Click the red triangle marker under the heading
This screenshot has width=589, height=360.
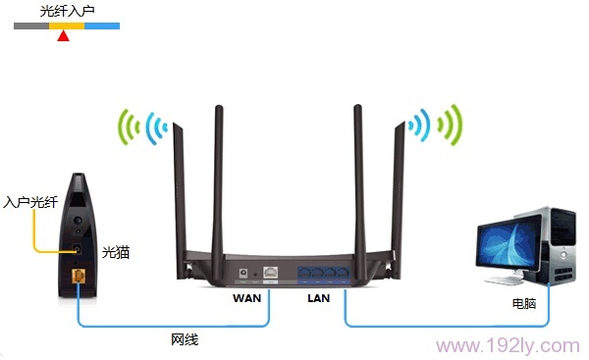click(x=64, y=36)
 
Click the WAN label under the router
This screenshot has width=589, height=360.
click(x=247, y=296)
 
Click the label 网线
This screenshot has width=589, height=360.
click(x=185, y=340)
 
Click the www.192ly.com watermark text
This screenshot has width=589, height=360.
click(x=508, y=345)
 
